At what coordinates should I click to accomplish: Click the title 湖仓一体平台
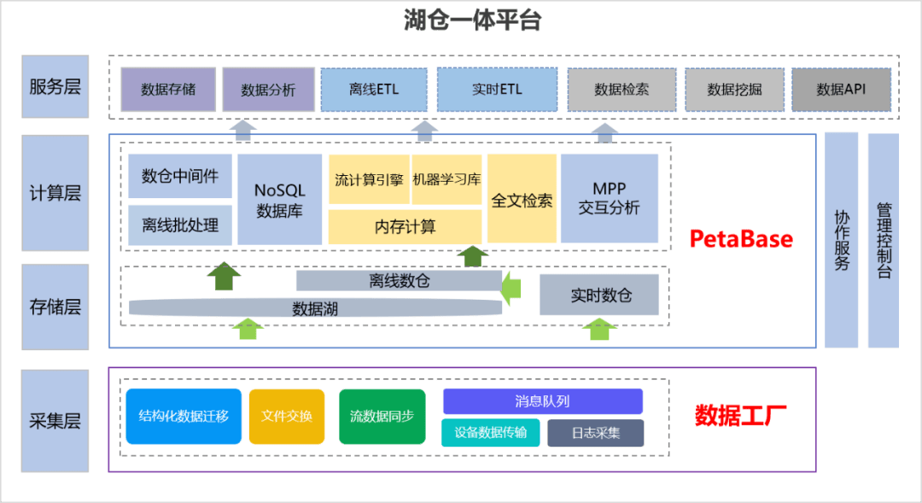472,21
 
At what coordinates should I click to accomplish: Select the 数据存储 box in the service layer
168,89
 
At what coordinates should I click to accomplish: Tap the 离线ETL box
374,89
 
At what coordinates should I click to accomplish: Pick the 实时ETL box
497,89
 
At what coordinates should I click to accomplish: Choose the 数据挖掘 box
734,89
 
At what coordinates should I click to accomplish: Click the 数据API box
841,89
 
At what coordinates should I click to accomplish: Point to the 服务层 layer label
55,86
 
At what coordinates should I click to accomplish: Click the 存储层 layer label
55,307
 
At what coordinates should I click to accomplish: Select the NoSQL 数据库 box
279,199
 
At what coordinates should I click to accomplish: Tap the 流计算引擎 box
369,179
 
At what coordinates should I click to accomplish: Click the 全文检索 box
522,199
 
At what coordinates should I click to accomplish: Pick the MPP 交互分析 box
609,198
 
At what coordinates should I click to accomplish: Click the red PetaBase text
741,239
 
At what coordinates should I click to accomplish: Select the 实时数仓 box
601,295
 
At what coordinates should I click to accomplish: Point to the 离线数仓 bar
399,281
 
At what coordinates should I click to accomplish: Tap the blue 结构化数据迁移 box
183,416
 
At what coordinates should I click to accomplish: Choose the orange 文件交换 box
287,416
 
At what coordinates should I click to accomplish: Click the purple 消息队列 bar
542,401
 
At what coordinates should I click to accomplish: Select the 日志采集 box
596,433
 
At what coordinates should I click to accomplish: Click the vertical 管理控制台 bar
884,240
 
